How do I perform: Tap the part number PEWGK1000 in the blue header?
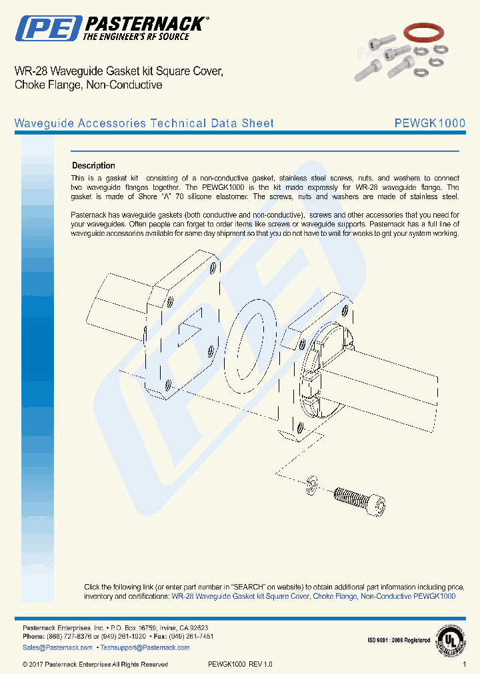click(x=429, y=123)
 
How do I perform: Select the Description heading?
click(x=93, y=165)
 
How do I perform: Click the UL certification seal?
click(x=451, y=639)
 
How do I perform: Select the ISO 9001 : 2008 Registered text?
click(x=399, y=640)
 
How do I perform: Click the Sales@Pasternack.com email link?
click(x=57, y=647)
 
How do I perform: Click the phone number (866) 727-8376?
click(x=76, y=637)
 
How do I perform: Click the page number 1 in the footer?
click(x=465, y=664)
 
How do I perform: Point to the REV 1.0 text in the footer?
click(x=261, y=664)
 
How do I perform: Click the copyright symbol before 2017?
click(x=25, y=664)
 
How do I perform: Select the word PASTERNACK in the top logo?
click(x=145, y=24)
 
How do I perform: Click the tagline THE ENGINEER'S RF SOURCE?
click(x=135, y=37)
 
